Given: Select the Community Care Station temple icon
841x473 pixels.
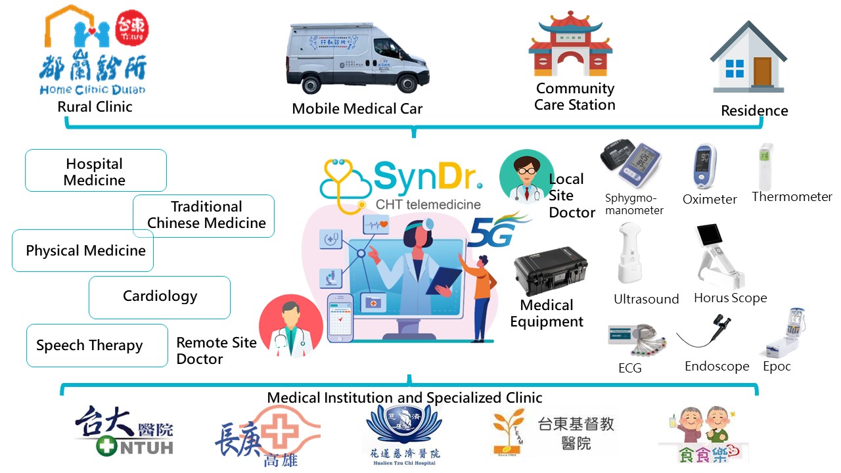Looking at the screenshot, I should pos(570,47).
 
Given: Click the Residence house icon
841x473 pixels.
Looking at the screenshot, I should pos(748,59).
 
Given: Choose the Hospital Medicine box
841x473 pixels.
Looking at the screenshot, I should pos(96,171).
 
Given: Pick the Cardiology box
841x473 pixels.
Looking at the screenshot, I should pos(160,297).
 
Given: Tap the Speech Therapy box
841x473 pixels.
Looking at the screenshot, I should pos(97,346).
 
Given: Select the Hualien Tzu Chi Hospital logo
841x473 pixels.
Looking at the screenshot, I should pos(403,434).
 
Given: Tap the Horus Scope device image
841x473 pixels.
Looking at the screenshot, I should pos(719,256).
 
